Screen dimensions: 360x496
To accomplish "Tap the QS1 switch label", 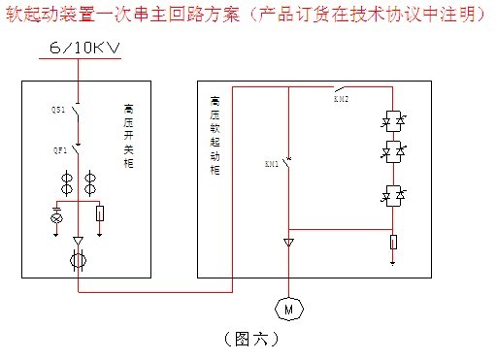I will click(57, 111).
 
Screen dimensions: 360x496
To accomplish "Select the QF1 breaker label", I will click(57, 150).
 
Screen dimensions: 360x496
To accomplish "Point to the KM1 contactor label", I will click(271, 164).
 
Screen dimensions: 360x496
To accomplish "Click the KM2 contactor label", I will click(341, 98).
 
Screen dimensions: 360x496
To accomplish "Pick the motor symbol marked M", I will click(289, 309).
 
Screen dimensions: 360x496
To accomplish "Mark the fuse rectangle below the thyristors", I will click(393, 241).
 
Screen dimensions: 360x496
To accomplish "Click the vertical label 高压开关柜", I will click(130, 137).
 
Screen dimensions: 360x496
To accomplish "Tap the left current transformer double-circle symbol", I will click(66, 181).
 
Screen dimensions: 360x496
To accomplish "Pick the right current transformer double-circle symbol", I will click(90, 181).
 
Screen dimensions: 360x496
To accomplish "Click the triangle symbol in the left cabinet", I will click(78, 240).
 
